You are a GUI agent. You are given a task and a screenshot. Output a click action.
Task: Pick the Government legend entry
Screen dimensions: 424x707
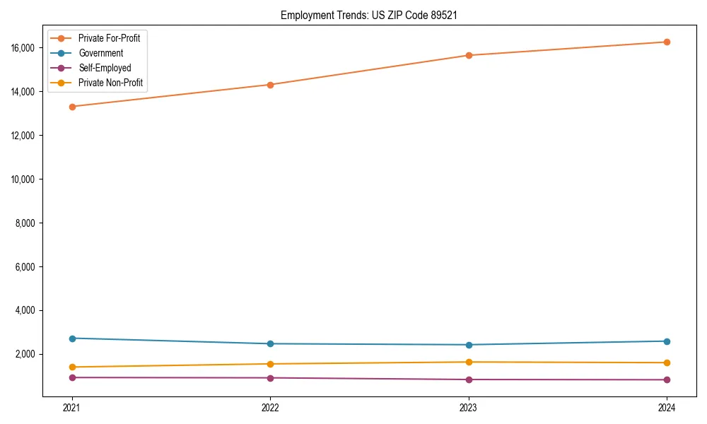100,53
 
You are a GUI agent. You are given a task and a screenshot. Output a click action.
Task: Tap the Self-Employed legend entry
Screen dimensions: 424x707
105,68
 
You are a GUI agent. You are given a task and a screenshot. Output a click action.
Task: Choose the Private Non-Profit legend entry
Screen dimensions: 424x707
110,83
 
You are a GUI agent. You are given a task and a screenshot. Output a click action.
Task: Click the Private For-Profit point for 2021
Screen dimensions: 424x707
71,107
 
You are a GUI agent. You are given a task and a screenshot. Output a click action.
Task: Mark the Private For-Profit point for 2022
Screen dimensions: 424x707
270,85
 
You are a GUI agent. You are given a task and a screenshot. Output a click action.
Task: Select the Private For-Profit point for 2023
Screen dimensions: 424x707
469,55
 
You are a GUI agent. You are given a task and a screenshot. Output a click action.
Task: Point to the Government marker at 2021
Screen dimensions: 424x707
71,338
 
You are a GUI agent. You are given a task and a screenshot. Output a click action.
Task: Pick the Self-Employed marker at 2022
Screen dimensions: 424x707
270,378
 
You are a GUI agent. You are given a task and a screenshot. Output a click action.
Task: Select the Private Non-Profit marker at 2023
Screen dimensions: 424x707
469,362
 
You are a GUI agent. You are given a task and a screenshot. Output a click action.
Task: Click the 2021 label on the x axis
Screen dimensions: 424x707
71,407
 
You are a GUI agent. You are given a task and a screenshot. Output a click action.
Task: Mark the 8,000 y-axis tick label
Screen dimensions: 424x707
26,223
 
